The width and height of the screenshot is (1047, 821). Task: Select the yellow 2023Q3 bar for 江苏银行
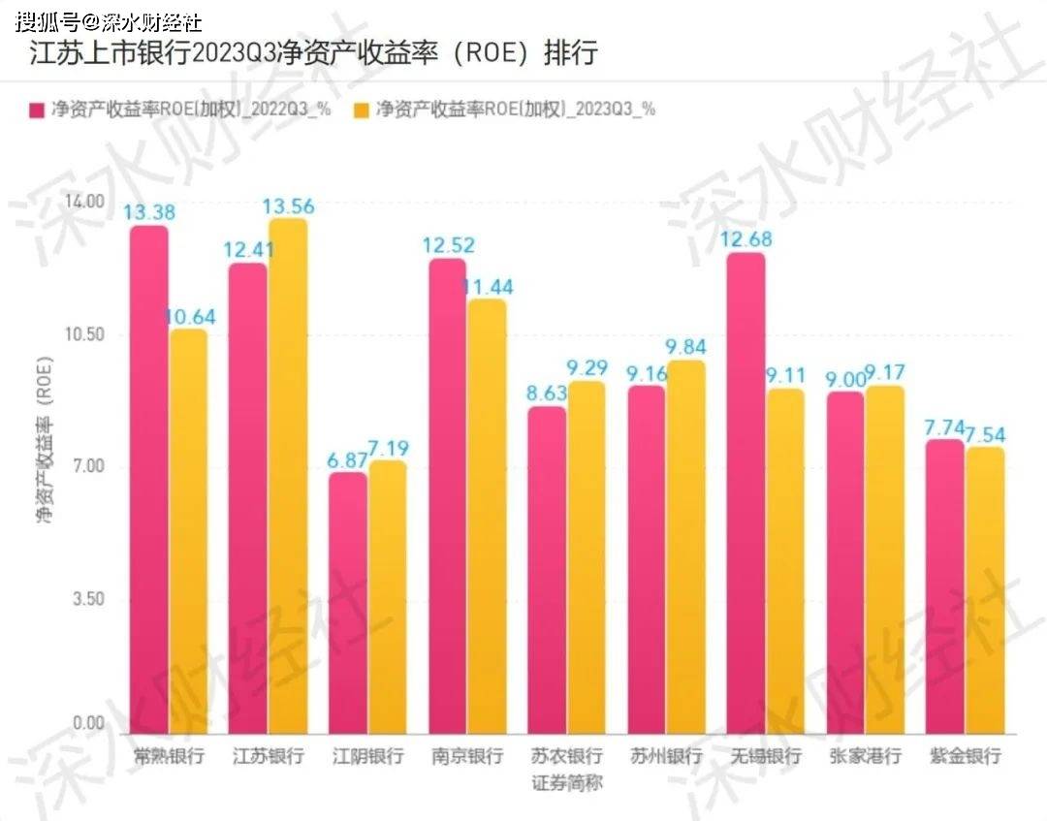point(288,476)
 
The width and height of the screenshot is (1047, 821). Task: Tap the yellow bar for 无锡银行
point(784,561)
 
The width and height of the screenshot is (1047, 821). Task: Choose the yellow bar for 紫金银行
point(984,590)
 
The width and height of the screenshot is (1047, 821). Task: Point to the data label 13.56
point(290,206)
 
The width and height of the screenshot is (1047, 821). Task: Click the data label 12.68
point(746,239)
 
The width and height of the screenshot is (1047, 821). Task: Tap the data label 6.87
point(347,460)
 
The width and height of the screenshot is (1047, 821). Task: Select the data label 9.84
point(686,347)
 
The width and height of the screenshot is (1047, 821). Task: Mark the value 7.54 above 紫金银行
point(983,433)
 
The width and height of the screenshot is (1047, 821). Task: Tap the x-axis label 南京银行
point(467,756)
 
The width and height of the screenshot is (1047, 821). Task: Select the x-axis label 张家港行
point(866,756)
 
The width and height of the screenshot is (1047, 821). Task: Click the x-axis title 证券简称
point(567,782)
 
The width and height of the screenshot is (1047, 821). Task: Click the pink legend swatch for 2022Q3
point(37,110)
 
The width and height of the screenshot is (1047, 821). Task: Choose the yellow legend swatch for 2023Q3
point(362,110)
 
